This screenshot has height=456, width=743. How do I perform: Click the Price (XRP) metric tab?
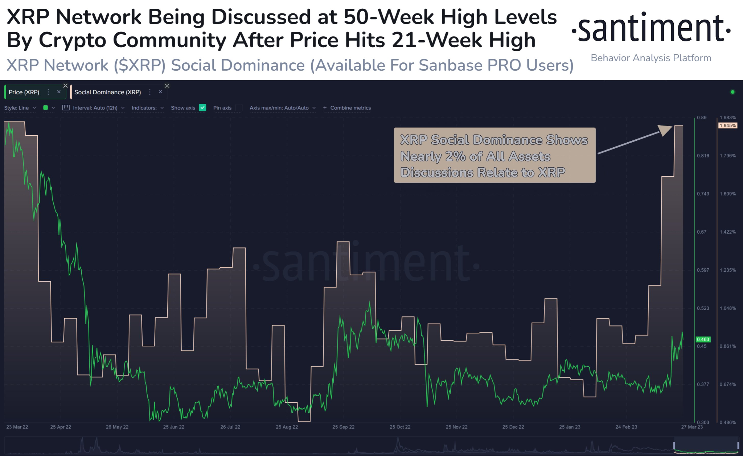point(24,92)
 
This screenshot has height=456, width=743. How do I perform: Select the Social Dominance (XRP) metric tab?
point(107,92)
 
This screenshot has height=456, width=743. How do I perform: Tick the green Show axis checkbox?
point(203,108)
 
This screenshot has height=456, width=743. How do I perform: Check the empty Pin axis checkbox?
point(239,108)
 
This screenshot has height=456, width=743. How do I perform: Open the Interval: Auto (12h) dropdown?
point(95,108)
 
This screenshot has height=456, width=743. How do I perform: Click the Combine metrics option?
point(350,108)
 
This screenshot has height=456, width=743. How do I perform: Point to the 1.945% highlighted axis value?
point(727,126)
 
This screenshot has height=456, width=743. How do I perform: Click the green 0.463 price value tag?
point(703,340)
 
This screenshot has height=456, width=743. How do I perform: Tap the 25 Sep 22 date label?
point(343,427)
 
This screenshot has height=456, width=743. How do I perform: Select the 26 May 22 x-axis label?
point(117,427)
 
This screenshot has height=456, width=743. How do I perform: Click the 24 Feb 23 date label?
point(626,427)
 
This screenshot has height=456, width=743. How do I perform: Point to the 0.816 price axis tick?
point(703,156)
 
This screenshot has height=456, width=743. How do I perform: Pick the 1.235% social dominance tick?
point(727,270)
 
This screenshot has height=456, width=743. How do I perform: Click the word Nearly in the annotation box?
point(420,156)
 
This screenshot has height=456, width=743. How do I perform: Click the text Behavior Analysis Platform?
point(651,58)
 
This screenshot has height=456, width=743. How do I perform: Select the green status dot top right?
point(732,92)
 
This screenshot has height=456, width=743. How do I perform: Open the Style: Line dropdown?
point(20,108)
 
